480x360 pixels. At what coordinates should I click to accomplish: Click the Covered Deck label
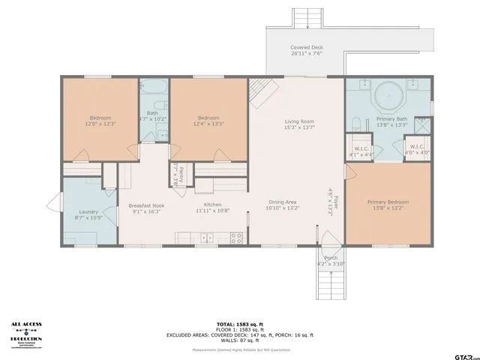305,48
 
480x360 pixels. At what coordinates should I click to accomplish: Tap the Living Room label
298,121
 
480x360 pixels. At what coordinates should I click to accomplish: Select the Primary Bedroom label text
388,202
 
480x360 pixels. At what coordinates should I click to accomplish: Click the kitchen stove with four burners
236,238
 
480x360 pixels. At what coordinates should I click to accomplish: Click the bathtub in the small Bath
153,94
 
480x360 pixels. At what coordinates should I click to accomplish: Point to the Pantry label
175,173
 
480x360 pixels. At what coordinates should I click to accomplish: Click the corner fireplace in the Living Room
259,91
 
